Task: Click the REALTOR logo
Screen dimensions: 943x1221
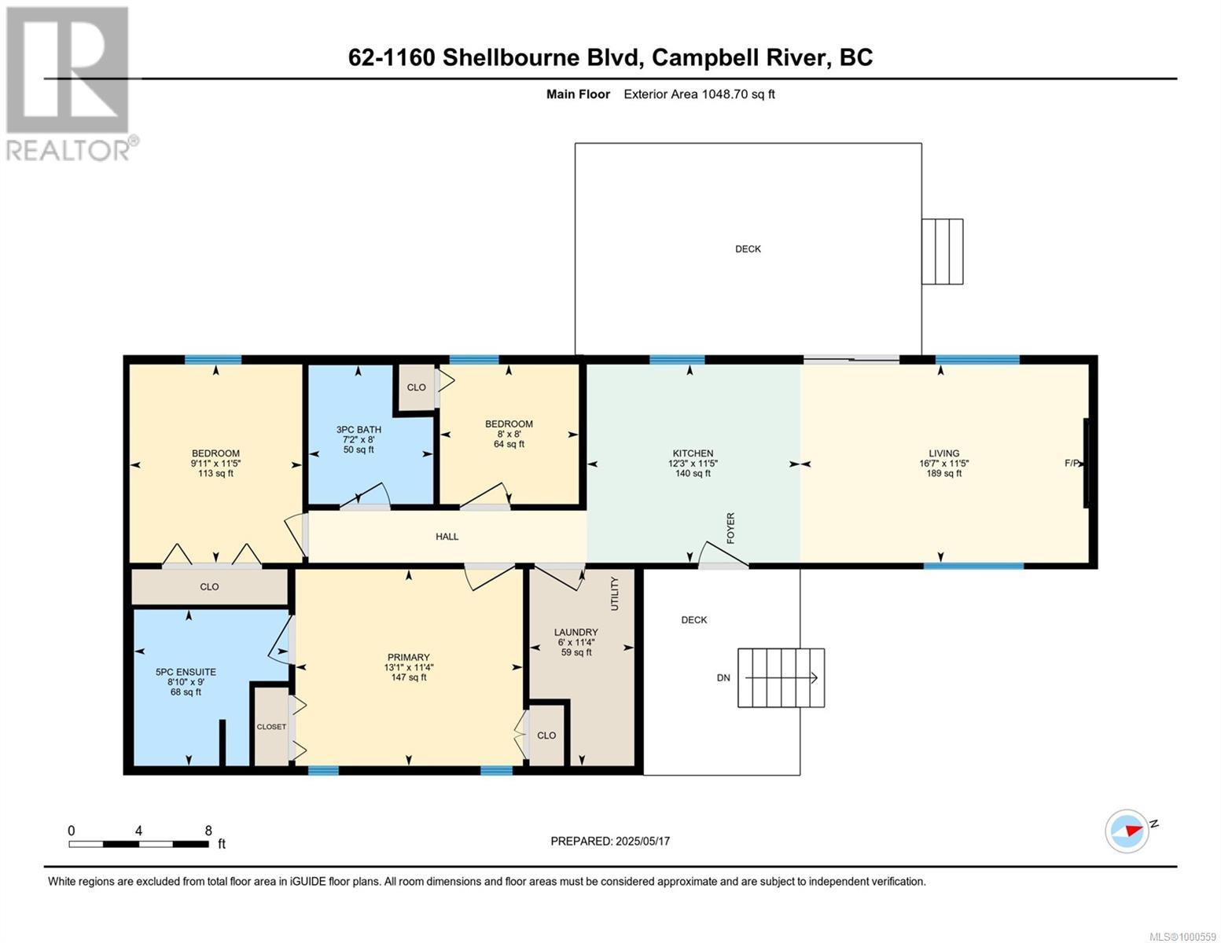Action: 69,83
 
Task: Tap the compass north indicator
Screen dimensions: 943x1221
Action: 1127,831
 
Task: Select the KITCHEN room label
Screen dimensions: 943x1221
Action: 693,453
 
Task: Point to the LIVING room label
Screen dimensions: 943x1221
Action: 943,453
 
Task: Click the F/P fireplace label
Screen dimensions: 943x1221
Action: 1072,464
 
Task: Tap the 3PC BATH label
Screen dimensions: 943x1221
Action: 359,430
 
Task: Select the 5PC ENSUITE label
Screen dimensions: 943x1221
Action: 186,673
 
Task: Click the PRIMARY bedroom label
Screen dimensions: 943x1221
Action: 408,658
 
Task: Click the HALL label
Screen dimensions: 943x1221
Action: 447,537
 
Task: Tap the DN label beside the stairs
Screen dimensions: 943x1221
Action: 723,677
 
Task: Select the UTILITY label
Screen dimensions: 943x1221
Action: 615,593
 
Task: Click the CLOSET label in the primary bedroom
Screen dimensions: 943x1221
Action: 271,727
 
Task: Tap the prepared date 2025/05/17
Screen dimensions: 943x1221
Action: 610,841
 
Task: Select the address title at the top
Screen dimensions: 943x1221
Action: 610,57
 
